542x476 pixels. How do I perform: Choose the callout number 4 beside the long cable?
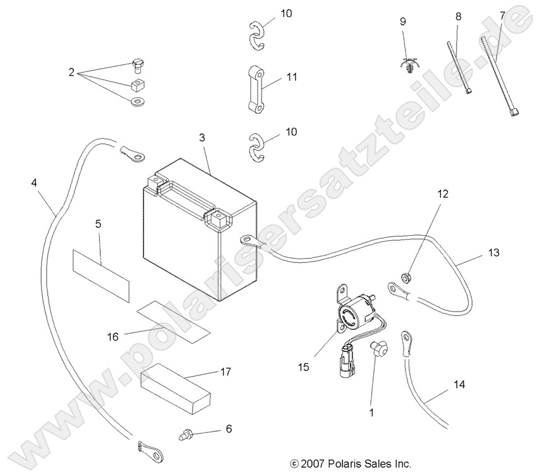(x=33, y=183)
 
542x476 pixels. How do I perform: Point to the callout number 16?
(x=112, y=336)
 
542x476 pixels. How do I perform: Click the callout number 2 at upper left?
(x=71, y=71)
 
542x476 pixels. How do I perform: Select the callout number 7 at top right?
(x=502, y=15)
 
